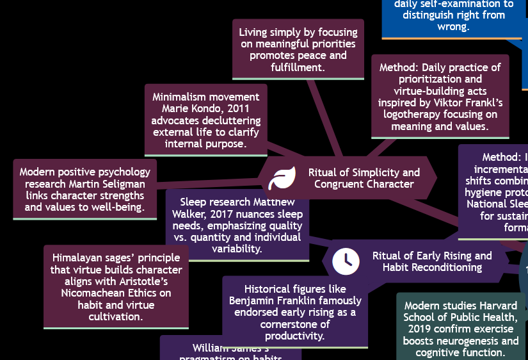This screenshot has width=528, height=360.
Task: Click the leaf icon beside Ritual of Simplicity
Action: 282,178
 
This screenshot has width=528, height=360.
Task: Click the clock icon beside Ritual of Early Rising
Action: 346,260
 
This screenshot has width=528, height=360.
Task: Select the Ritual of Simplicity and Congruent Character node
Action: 364,178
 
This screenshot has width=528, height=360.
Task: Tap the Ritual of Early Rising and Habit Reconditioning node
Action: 431,261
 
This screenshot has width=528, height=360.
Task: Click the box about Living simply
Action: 298,49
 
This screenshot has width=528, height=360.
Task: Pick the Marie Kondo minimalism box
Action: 205,120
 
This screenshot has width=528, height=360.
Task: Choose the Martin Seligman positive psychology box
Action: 84,190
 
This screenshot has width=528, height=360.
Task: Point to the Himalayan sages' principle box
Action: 116,287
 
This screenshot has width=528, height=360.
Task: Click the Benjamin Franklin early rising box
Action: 295,312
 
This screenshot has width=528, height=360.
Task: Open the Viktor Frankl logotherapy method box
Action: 440,97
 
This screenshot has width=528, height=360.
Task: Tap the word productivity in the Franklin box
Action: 295,336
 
